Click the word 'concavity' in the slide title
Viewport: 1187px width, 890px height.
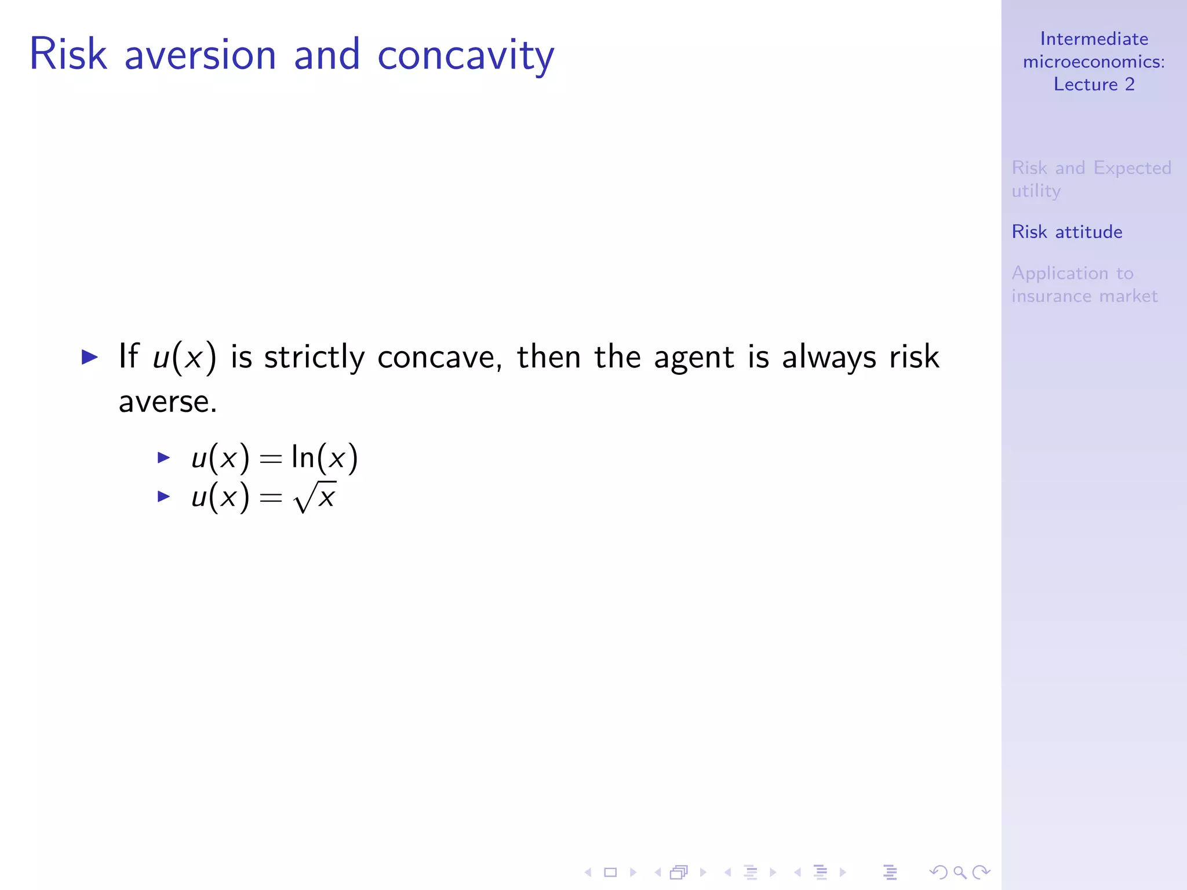[x=465, y=55]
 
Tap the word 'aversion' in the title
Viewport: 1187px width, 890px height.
[x=200, y=55]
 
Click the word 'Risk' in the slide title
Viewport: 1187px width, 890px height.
[x=68, y=55]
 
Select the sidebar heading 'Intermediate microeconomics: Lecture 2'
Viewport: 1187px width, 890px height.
[x=1094, y=61]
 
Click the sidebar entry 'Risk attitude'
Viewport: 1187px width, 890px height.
[x=1066, y=232]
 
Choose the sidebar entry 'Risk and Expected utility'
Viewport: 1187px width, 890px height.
[x=1091, y=178]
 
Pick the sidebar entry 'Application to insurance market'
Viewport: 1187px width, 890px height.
[x=1084, y=284]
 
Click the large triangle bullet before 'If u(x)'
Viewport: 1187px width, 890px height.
[x=90, y=356]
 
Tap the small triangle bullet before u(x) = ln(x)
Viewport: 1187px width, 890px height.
[x=164, y=458]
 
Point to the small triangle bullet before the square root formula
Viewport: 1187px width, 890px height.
[x=164, y=497]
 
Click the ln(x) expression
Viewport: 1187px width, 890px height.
[x=325, y=458]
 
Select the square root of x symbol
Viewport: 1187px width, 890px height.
[x=315, y=497]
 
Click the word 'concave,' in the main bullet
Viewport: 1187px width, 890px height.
[x=439, y=357]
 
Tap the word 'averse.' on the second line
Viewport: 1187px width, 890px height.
[x=168, y=402]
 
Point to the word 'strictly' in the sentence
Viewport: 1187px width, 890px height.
[x=314, y=357]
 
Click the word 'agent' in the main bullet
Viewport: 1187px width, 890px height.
[x=694, y=357]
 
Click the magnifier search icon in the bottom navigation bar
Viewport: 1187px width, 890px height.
[x=960, y=872]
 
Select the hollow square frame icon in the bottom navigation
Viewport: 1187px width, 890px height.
[x=610, y=872]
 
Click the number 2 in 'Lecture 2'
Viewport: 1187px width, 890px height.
[x=1130, y=85]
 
